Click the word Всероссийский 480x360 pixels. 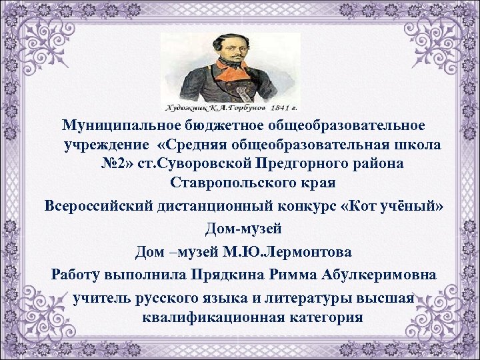click(x=93, y=205)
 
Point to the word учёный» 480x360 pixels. click(x=412, y=205)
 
